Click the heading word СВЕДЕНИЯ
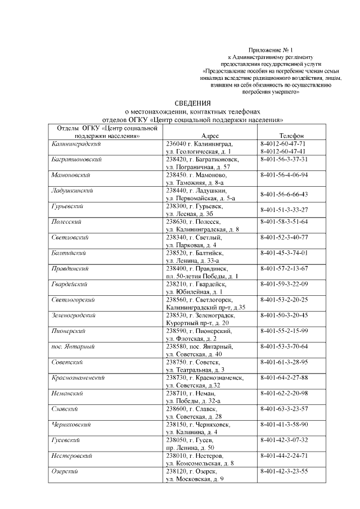coord(192,103)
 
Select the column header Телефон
coord(291,136)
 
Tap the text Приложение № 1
coord(271,50)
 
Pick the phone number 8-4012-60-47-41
coord(283,151)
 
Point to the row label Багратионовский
coord(76,160)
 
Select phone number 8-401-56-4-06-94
coord(285,175)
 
